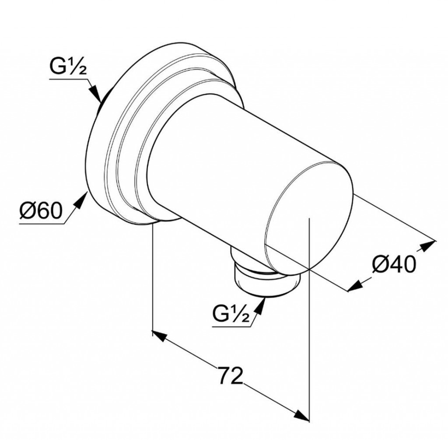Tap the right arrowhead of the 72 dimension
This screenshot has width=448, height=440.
tap(301, 414)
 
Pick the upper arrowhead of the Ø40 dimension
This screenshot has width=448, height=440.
tap(429, 244)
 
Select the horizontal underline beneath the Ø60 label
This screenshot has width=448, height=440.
tap(42, 224)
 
